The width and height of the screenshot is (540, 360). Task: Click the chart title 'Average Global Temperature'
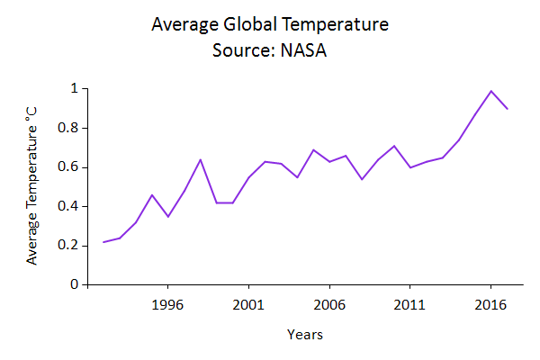tap(269, 25)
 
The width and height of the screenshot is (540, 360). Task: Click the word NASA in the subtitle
tap(298, 49)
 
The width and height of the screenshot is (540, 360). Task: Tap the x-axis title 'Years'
tap(305, 335)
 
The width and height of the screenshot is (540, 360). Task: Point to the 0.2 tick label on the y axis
tap(70, 246)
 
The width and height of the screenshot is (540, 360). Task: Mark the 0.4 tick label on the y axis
tap(70, 206)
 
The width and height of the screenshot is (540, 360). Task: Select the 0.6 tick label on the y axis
tap(70, 167)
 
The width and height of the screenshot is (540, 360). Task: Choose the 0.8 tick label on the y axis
tap(70, 128)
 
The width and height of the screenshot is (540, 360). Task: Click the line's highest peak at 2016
tap(491, 91)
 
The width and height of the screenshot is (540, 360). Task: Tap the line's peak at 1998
tap(201, 159)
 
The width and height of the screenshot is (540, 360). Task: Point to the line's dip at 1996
tap(168, 216)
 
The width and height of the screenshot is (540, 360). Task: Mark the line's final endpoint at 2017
tap(508, 109)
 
